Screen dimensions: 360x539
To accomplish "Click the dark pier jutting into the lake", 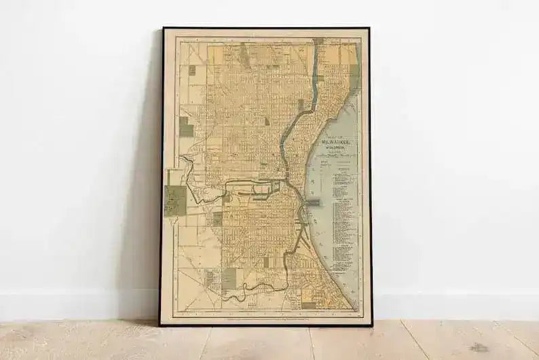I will [314, 202].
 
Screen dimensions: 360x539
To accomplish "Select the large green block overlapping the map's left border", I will [175, 201].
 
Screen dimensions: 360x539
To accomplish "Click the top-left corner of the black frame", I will [163, 29].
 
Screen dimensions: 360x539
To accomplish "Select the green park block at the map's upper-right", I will [354, 71].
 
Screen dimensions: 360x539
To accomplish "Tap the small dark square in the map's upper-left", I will [191, 70].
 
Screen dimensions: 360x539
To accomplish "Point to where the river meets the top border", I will [318, 41].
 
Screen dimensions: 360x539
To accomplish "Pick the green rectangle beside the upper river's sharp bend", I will [301, 105].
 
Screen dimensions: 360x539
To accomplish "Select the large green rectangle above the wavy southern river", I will [230, 276].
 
